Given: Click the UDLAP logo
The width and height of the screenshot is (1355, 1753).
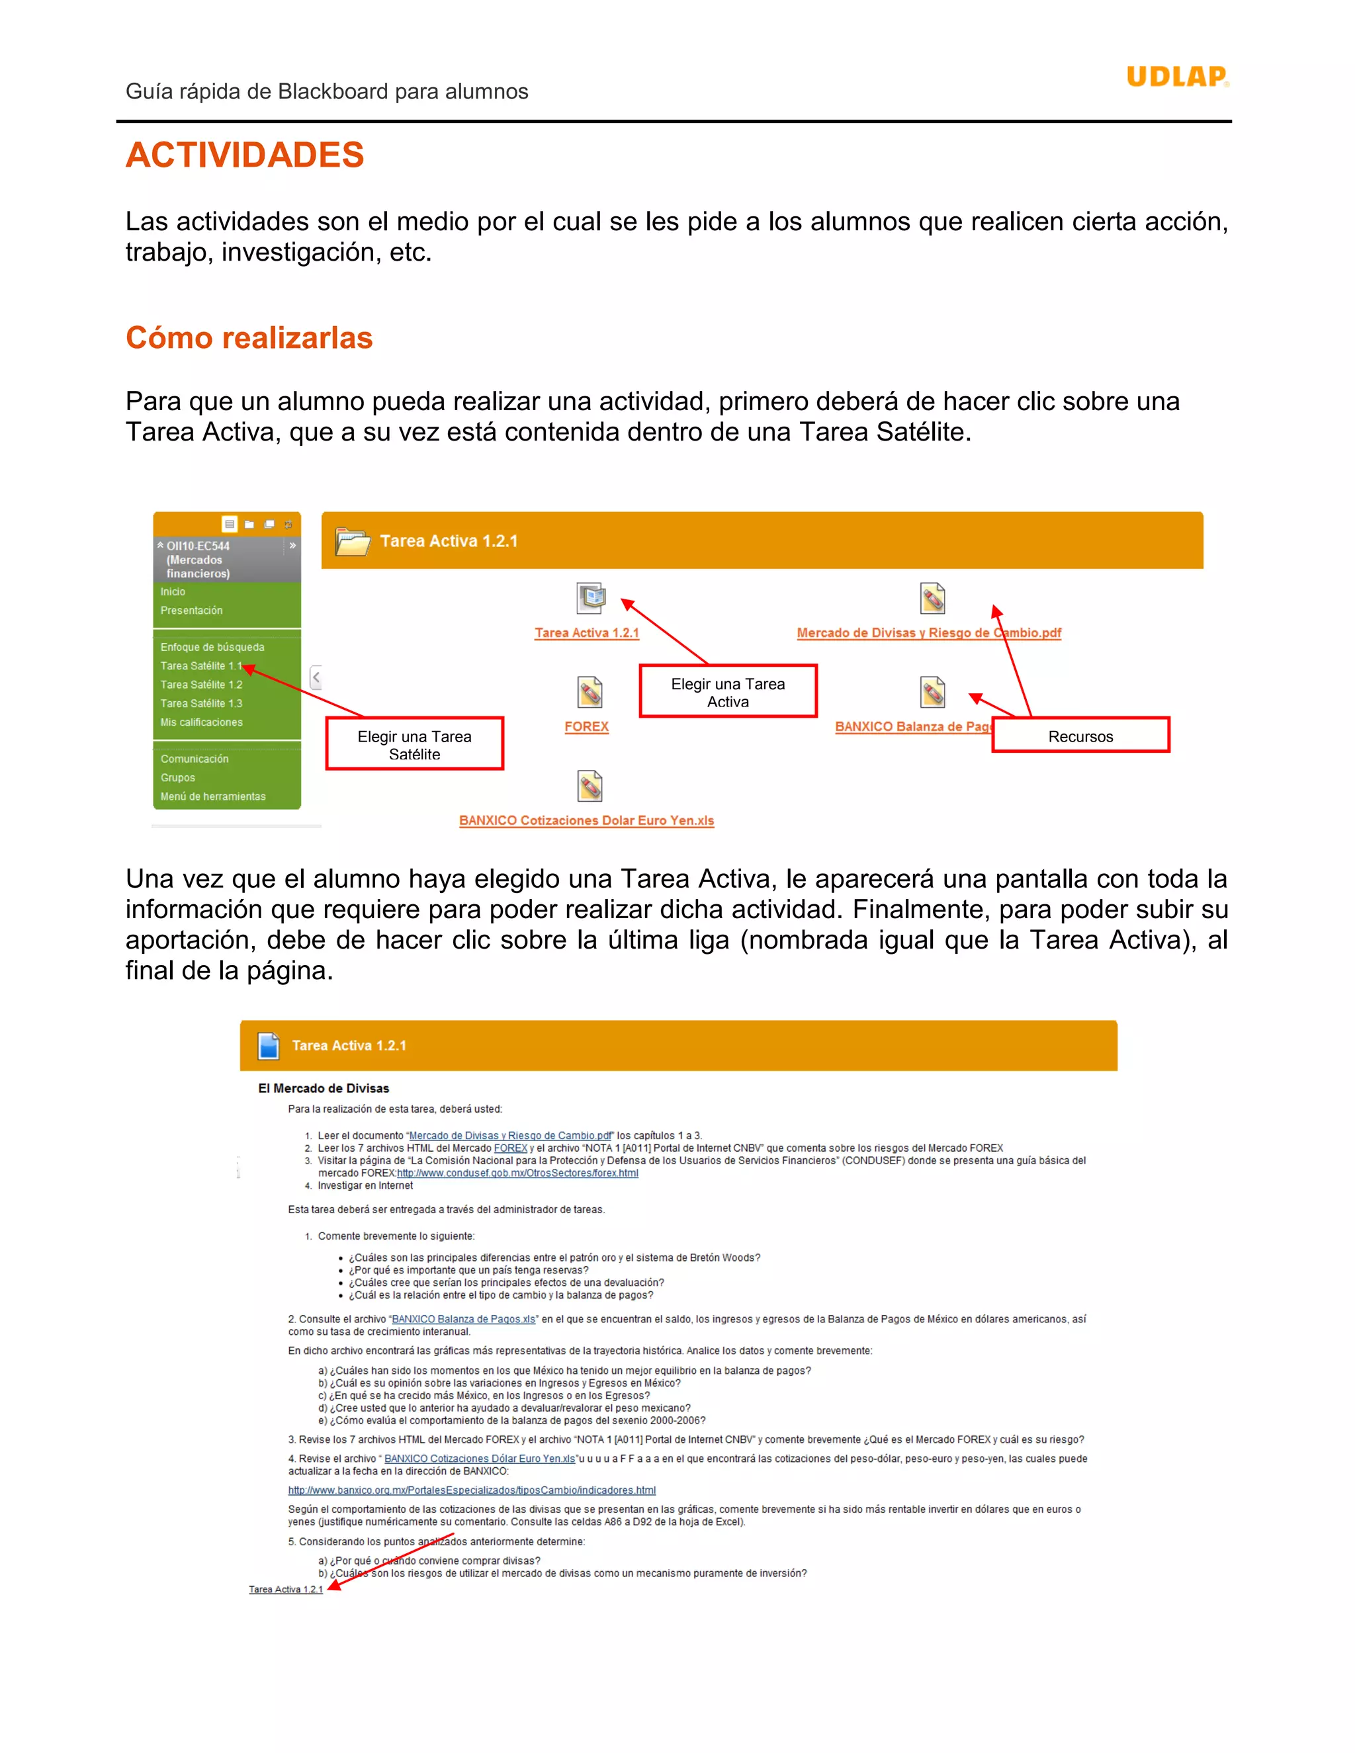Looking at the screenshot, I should [x=1177, y=77].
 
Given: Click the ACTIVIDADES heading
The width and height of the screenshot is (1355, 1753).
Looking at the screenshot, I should [x=245, y=155].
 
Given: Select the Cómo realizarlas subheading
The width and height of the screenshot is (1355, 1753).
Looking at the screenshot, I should [x=249, y=338].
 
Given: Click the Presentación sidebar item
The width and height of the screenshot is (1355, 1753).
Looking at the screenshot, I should [x=191, y=611].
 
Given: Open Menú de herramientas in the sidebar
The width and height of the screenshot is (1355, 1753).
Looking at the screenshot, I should [x=213, y=797].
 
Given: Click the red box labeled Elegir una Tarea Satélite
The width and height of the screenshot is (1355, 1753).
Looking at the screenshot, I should [x=414, y=745].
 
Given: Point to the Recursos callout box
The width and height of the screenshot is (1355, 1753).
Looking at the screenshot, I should [x=1080, y=736].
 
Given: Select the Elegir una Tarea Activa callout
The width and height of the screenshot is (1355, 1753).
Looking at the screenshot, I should [x=727, y=692].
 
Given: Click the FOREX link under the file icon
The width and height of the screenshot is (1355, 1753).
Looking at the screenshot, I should [x=586, y=726].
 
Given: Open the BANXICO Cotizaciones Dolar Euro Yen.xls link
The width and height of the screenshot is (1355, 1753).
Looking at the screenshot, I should [x=586, y=820].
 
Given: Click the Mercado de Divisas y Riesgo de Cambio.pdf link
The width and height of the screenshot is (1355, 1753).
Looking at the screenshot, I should [x=929, y=633].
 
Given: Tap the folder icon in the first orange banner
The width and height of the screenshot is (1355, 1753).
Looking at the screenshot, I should [x=353, y=542].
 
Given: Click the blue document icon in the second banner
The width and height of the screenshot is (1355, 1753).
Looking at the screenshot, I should [x=268, y=1046].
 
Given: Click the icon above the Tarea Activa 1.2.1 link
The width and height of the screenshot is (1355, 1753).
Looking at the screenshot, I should [x=590, y=598].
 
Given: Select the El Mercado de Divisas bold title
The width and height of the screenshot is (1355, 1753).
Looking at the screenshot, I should [x=323, y=1088].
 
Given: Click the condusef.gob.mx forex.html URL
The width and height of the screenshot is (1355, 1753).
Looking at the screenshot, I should [x=518, y=1173].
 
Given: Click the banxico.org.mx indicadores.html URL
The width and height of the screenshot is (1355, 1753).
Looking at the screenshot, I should [x=472, y=1490].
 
